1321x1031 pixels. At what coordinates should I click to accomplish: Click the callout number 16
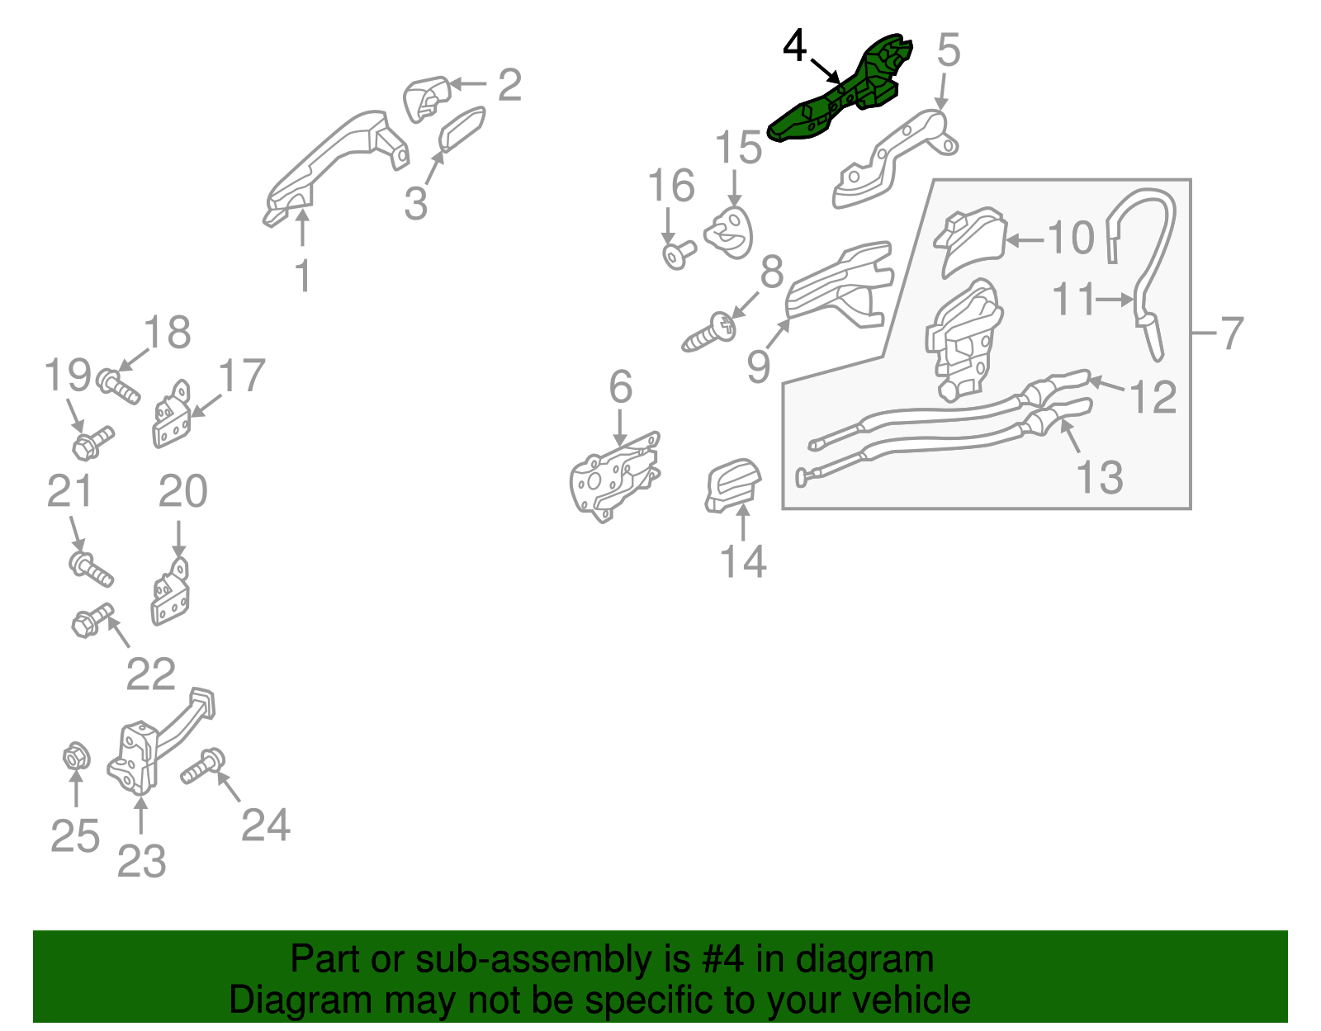point(671,185)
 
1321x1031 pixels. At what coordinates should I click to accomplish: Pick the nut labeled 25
point(77,756)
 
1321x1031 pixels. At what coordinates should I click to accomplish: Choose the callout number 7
point(1231,333)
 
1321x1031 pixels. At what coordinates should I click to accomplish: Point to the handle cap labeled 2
point(425,99)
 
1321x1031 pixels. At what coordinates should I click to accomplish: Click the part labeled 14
point(732,485)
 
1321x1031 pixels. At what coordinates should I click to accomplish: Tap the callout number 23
point(141,861)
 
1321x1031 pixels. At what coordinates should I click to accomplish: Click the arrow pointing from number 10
point(1025,240)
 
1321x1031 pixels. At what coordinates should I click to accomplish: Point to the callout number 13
point(1099,477)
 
